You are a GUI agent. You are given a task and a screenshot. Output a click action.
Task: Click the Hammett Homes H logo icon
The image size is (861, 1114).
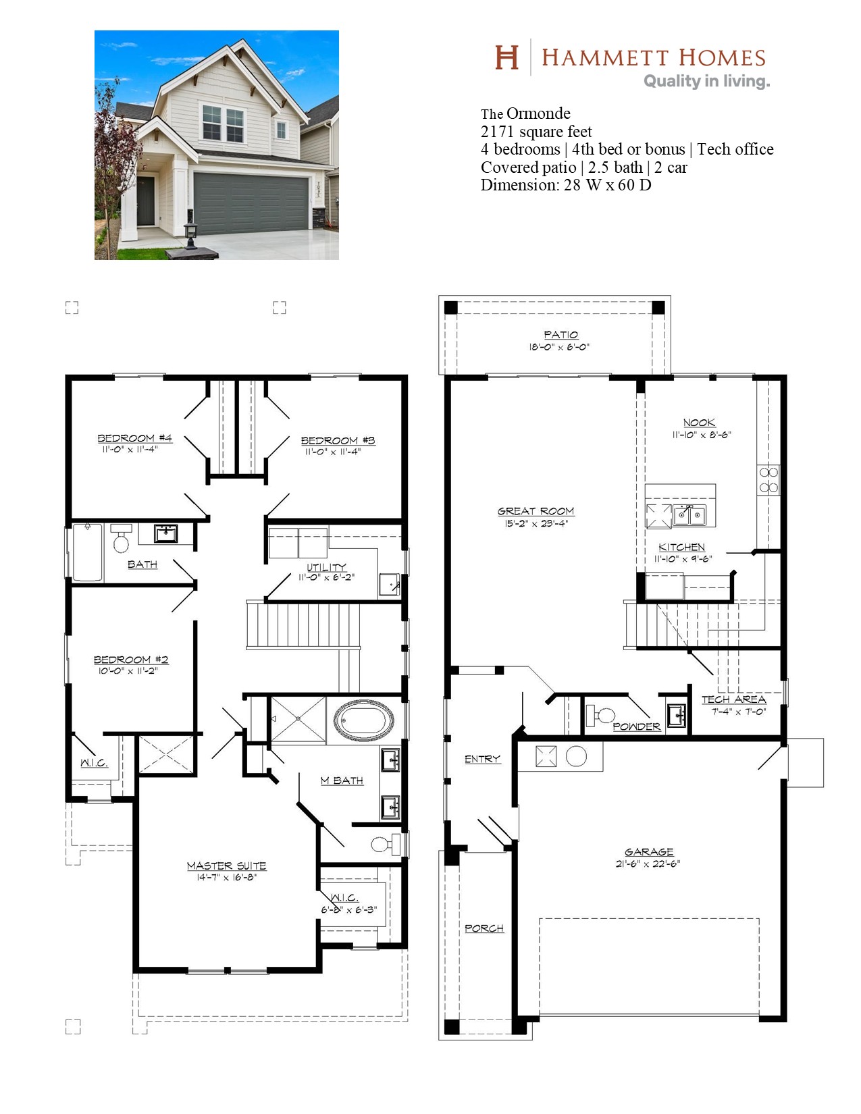pos(506,57)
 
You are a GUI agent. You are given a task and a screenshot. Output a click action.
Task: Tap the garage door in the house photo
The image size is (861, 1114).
pos(251,203)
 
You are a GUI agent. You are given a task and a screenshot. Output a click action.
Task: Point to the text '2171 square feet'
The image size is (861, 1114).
pos(536,132)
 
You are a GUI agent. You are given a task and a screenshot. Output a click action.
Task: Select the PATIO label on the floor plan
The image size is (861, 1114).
pos(560,335)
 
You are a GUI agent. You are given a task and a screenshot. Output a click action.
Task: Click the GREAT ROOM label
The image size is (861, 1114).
pos(536,511)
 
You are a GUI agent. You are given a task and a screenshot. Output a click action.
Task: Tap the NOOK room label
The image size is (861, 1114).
pos(699,423)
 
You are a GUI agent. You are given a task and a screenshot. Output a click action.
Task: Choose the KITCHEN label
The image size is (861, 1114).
pos(681,547)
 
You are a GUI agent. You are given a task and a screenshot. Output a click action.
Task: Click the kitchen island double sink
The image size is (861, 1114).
pos(689,514)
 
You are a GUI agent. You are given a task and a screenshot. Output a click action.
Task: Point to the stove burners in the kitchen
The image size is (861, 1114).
pos(768,480)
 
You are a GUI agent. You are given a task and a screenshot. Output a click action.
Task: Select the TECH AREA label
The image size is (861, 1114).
pos(734,699)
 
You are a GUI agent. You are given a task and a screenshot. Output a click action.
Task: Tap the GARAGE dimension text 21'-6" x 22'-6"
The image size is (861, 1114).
pos(648,864)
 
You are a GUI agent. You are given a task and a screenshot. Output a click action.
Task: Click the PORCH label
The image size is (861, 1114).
pos(484,928)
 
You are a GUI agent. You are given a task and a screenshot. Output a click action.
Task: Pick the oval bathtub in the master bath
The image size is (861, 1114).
pos(363,720)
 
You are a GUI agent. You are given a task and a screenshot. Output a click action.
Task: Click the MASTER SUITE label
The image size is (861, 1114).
pos(226,866)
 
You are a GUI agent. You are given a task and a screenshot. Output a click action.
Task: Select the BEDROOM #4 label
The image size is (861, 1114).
pos(134,437)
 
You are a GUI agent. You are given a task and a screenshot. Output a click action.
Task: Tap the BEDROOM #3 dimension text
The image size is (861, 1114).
pos(333,452)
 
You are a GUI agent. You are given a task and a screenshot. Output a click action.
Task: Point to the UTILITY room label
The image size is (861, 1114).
pos(326,567)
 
